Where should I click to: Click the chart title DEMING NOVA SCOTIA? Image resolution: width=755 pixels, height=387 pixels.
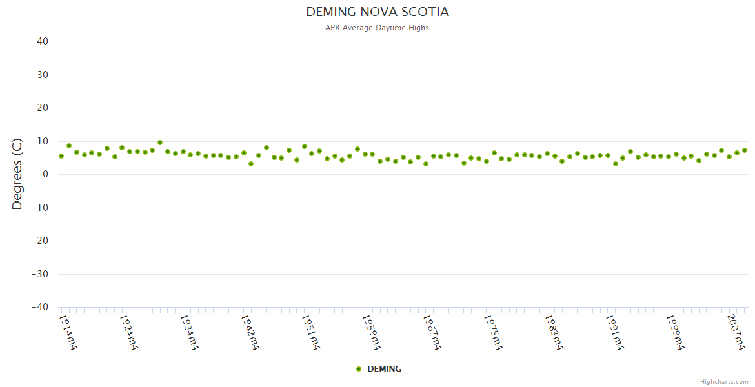click(x=377, y=12)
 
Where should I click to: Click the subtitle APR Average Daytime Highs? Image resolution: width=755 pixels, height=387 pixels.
click(x=377, y=28)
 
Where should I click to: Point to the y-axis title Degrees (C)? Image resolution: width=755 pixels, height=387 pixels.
click(x=17, y=174)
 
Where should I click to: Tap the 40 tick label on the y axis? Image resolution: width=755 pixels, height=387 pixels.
click(x=43, y=41)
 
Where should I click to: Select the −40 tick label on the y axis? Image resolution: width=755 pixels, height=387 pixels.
click(x=39, y=308)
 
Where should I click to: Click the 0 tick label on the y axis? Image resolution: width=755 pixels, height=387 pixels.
click(x=46, y=174)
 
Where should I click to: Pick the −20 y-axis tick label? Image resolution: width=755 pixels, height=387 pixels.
click(x=39, y=241)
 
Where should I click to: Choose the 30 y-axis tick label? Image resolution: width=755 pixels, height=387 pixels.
click(x=43, y=75)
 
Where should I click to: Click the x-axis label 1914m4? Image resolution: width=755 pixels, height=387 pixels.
click(x=68, y=332)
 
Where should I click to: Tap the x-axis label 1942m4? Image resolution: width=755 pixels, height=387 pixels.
click(x=250, y=332)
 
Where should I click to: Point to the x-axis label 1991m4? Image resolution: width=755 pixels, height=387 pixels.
click(x=614, y=332)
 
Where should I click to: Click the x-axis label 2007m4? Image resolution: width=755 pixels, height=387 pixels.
click(x=736, y=332)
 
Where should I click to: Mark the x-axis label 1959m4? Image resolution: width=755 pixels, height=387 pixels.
click(x=371, y=332)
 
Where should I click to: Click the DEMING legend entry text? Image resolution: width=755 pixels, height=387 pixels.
click(x=384, y=369)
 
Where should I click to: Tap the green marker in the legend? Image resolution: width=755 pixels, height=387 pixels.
click(x=359, y=369)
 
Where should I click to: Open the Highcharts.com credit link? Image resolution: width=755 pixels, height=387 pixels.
click(x=724, y=381)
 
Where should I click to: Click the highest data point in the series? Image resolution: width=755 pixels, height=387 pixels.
click(x=160, y=143)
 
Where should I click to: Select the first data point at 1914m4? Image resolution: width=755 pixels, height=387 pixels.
click(x=61, y=156)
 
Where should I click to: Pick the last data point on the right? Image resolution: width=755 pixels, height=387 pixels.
click(x=744, y=150)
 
